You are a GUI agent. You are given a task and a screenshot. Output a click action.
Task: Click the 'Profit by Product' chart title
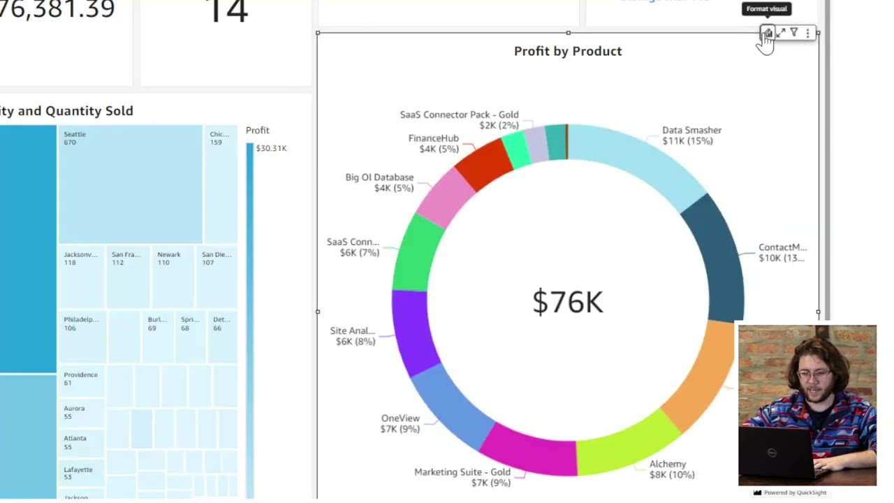[x=567, y=51]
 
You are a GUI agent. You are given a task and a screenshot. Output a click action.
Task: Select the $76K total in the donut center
[x=567, y=302]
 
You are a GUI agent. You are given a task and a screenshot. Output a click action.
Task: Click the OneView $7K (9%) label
[x=400, y=423]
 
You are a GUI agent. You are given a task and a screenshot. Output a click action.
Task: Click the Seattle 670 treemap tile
[x=130, y=184]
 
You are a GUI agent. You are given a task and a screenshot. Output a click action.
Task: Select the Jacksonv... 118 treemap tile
[x=81, y=277]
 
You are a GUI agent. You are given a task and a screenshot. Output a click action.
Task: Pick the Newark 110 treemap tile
[x=172, y=277]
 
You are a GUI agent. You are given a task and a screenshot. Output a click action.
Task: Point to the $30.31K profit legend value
[x=271, y=148]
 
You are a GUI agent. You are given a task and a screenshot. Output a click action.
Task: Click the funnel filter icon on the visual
[x=794, y=33]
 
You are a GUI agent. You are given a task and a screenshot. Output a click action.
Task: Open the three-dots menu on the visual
[x=807, y=33]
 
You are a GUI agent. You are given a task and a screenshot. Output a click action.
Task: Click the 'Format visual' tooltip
[x=766, y=9]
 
